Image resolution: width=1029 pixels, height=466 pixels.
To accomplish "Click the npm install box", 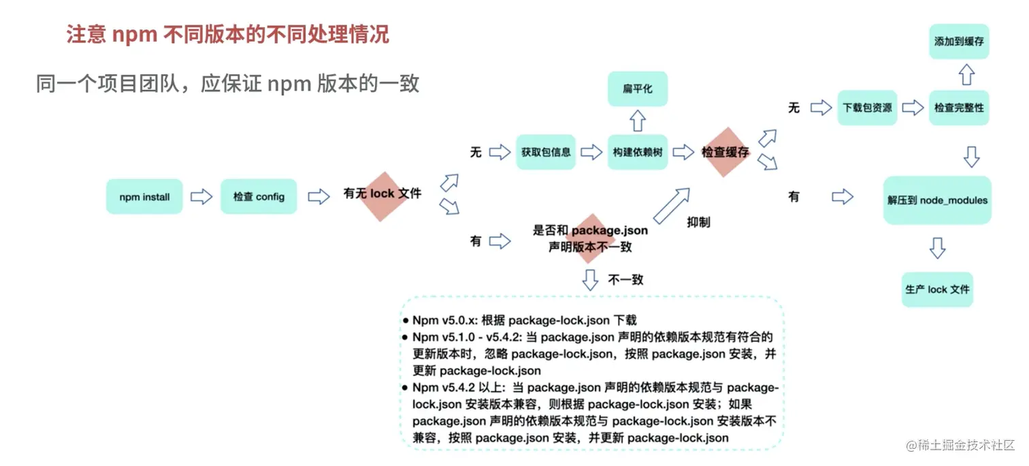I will [144, 197].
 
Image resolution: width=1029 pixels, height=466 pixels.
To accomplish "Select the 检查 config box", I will [259, 197].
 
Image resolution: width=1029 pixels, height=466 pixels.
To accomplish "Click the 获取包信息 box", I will [546, 152].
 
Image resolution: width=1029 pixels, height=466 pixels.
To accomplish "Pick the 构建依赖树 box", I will [637, 152].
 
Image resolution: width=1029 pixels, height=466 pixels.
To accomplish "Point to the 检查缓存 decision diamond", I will [725, 153].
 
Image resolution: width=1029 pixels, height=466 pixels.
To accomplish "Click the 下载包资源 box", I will [867, 108].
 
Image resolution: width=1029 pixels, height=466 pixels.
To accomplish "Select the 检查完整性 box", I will [959, 108].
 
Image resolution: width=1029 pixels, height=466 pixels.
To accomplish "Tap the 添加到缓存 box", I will [959, 42].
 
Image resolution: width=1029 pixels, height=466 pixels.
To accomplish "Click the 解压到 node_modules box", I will [937, 200].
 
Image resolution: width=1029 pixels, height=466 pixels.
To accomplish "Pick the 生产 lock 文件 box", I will [937, 290].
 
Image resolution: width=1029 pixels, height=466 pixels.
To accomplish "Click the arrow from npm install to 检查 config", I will [201, 197].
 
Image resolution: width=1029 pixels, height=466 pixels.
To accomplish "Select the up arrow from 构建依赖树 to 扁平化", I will [637, 121].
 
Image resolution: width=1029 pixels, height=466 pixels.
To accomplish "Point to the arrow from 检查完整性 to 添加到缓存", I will [966, 74].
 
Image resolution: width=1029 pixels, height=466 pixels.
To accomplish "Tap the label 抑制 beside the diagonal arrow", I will [698, 222].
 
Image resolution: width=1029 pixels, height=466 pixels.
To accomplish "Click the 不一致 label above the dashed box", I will [626, 279].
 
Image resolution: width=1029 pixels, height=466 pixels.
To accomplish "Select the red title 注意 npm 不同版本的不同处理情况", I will [228, 35].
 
